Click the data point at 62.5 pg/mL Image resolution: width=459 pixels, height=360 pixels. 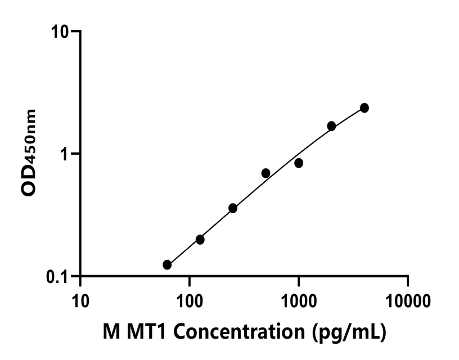pos(167,264)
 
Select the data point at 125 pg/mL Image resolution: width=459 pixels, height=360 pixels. pos(200,240)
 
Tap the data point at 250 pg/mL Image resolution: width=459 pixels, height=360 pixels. pos(233,208)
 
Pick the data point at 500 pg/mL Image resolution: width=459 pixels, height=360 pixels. pos(265,173)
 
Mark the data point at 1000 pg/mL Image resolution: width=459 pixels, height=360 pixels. pos(299,163)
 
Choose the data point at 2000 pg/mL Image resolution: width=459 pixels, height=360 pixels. pos(331,126)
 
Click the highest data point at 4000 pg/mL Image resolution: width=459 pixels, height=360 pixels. pos(364,107)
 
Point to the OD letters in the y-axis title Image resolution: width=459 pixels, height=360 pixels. pos(29,185)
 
